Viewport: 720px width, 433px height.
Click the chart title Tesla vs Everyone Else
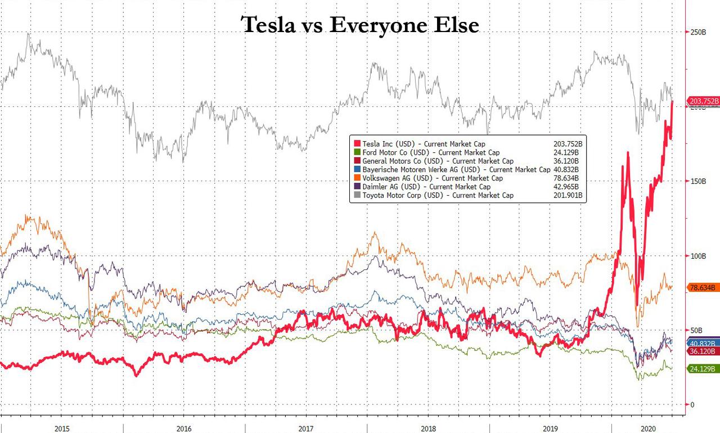[360, 25]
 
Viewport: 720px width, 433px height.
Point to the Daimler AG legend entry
[422, 187]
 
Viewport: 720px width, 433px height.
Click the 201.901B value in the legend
[568, 195]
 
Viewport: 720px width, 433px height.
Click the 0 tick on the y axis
[693, 405]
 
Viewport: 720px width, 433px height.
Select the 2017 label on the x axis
[305, 429]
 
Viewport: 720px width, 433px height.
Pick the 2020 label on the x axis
[648, 429]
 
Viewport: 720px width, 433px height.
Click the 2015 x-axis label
[62, 429]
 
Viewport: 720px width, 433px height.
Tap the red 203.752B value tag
[703, 101]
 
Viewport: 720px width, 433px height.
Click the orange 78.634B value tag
[703, 287]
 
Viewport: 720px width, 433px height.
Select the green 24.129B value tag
[703, 369]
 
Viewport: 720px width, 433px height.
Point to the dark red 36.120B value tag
[703, 351]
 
